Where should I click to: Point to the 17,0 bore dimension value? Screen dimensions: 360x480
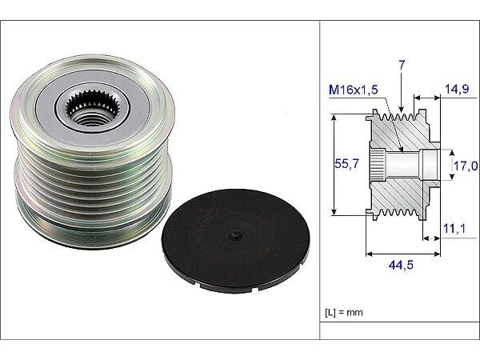466,166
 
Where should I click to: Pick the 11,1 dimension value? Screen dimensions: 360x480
455,229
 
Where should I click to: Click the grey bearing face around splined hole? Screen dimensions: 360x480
112,100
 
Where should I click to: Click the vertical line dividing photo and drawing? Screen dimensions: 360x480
320,180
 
